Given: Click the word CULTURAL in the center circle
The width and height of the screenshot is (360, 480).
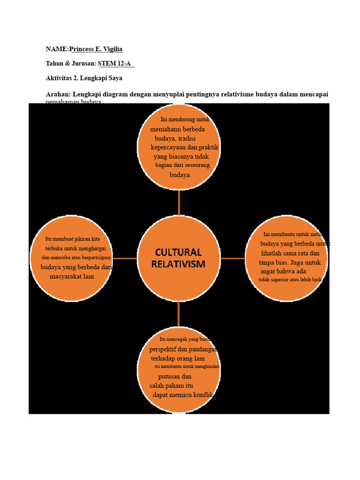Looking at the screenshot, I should (178, 252).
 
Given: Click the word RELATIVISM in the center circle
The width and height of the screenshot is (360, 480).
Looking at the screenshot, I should (178, 264).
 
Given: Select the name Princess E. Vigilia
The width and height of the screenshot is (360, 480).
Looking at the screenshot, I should (96, 49).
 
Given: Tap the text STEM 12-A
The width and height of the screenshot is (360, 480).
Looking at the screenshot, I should (114, 63).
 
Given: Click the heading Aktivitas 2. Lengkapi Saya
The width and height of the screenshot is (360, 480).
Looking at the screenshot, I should (84, 78).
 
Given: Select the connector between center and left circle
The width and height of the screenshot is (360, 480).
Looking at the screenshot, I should (125, 258).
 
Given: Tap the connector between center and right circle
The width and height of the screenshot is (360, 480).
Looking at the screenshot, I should (232, 258).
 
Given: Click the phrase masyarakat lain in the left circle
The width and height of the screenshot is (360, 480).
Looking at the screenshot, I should (72, 277).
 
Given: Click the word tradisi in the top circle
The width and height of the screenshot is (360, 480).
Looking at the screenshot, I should (187, 139).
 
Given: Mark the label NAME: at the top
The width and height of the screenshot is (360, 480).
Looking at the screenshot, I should (57, 49).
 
